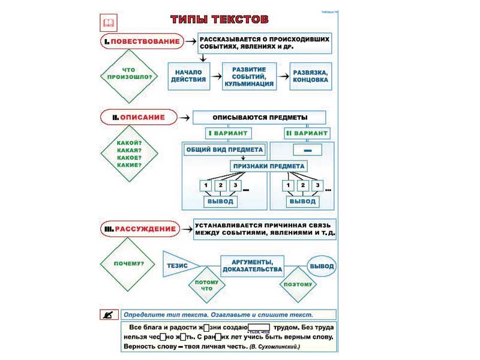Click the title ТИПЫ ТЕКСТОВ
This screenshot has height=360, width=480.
click(215, 19)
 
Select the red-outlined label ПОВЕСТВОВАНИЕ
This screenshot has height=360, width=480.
click(141, 41)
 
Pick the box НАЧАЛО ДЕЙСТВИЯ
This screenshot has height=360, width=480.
click(188, 76)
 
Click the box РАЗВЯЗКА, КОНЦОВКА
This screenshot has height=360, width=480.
click(310, 76)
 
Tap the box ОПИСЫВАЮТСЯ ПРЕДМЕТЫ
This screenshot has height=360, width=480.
click(259, 117)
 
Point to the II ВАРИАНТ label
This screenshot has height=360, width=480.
click(307, 133)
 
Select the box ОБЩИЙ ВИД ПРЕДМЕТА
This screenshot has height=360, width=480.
click(224, 149)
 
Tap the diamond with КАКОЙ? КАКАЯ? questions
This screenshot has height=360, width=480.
click(129, 154)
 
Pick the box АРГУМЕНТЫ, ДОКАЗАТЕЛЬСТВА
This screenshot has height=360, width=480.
click(252, 265)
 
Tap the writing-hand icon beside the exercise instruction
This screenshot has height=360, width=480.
click(109, 314)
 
